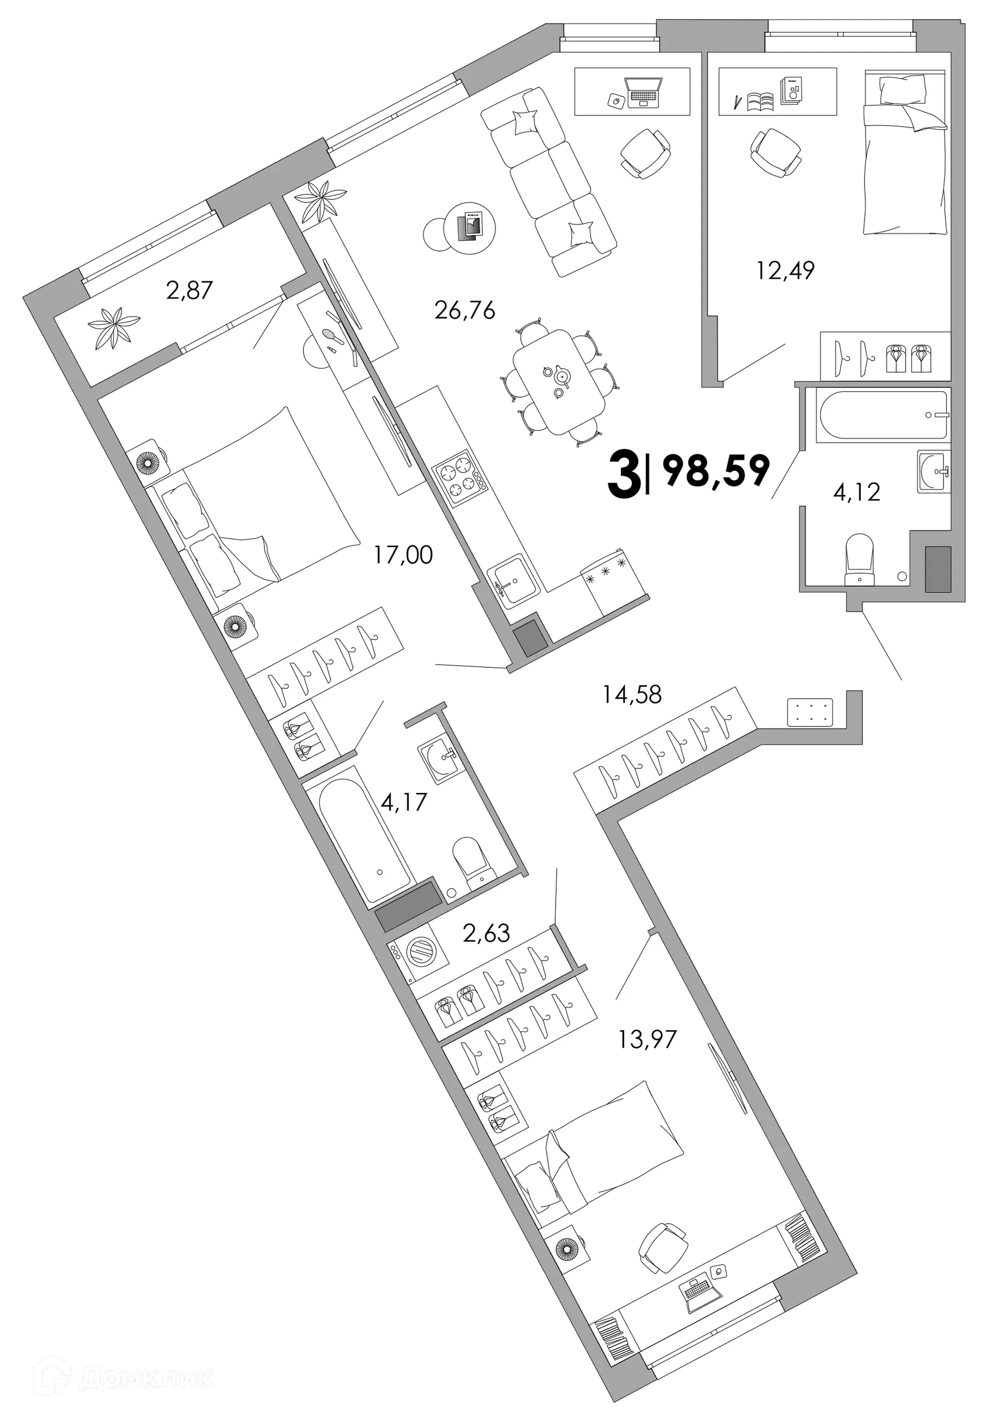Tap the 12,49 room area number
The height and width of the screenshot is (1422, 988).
click(x=785, y=271)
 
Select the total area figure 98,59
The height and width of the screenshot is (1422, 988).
click(x=716, y=471)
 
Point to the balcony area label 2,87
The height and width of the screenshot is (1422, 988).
click(x=189, y=290)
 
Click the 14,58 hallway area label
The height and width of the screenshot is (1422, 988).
click(x=632, y=695)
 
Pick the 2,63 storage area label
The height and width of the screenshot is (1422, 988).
click(x=487, y=932)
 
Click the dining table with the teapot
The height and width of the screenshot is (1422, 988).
click(x=559, y=381)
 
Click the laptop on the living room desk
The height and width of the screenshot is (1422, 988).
click(x=643, y=92)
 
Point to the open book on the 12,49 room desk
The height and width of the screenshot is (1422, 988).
click(x=760, y=101)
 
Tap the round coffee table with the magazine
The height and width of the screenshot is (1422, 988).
click(x=470, y=227)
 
